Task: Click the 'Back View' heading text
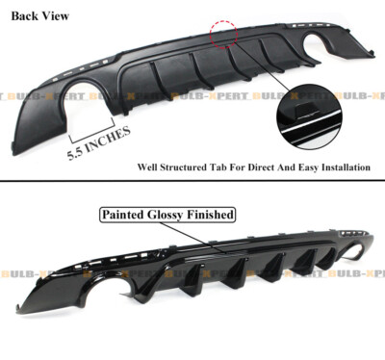click(x=40, y=16)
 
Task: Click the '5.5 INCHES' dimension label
click(x=99, y=143)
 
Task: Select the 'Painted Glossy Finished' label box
click(x=167, y=215)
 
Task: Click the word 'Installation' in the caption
click(x=346, y=167)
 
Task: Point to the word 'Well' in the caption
click(x=147, y=167)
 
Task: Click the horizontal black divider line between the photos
click(x=192, y=181)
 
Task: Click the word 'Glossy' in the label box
click(x=166, y=215)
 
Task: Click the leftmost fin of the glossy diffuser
click(x=141, y=289)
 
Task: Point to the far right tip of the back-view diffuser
click(x=374, y=55)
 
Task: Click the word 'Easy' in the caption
click(x=308, y=167)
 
